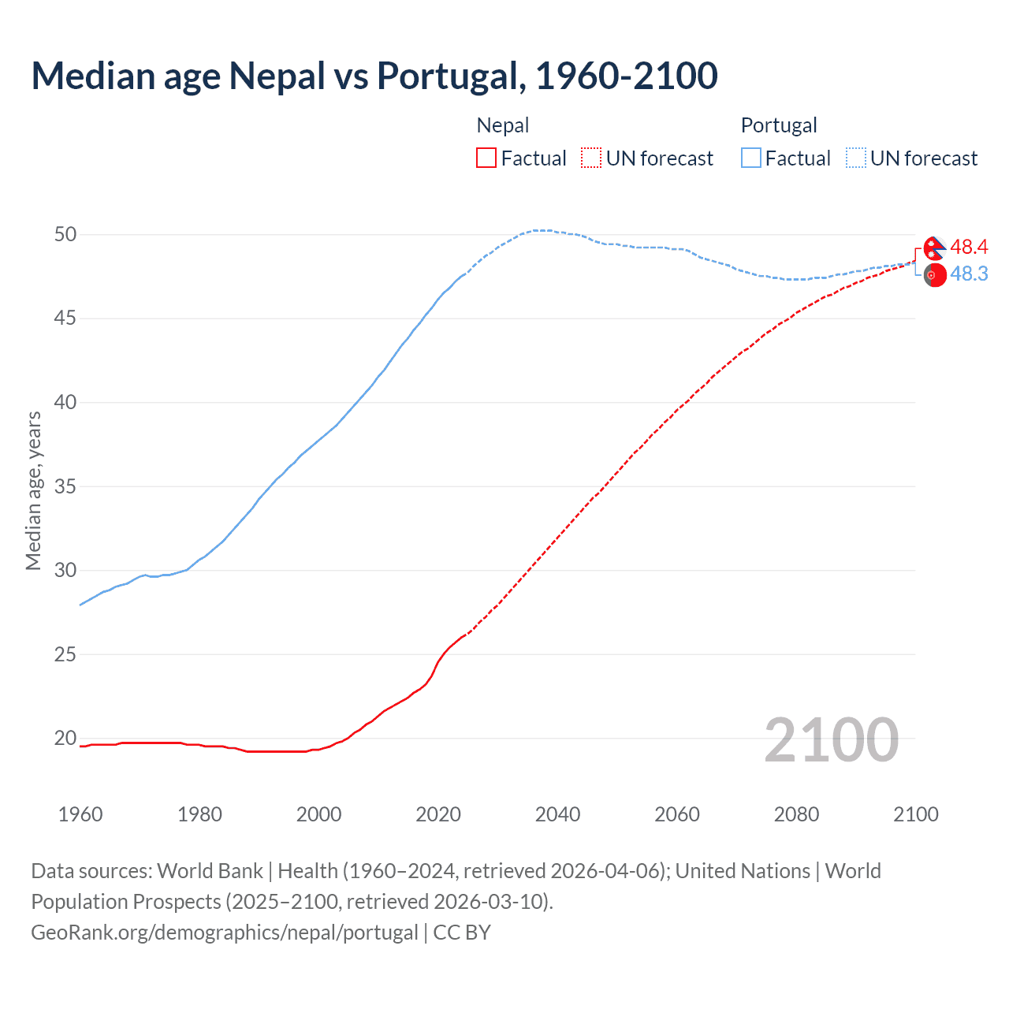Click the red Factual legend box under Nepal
(486, 158)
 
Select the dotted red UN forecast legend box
(591, 158)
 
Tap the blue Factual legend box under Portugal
(751, 158)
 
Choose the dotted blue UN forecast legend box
(856, 158)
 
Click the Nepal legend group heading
(503, 125)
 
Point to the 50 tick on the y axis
(65, 234)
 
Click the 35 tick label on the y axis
(65, 486)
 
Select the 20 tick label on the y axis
(65, 739)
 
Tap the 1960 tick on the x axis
(80, 814)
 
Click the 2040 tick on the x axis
(557, 814)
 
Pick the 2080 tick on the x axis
(796, 814)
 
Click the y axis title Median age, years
(33, 490)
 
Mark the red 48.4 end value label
(969, 248)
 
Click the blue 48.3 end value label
(969, 274)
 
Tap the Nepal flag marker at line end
(935, 248)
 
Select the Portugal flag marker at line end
(935, 275)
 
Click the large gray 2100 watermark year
(832, 739)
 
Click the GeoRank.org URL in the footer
(225, 933)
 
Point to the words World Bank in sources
(210, 871)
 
